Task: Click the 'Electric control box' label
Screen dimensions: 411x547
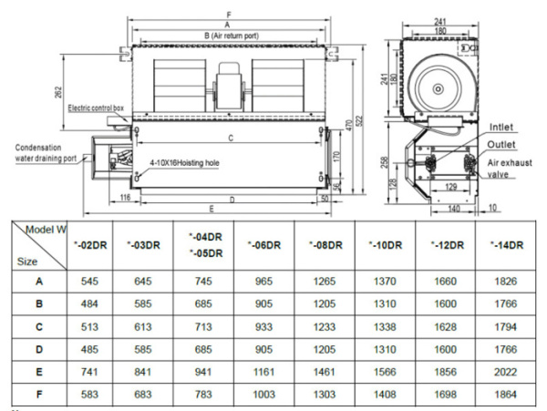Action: (96, 108)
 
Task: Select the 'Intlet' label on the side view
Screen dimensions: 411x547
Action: (502, 127)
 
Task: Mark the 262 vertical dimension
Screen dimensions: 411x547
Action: (58, 92)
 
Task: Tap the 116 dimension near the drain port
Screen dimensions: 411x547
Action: (124, 197)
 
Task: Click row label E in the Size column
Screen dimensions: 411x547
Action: (39, 371)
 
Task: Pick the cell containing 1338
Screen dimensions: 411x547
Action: (385, 327)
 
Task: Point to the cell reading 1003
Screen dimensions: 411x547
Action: (263, 394)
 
